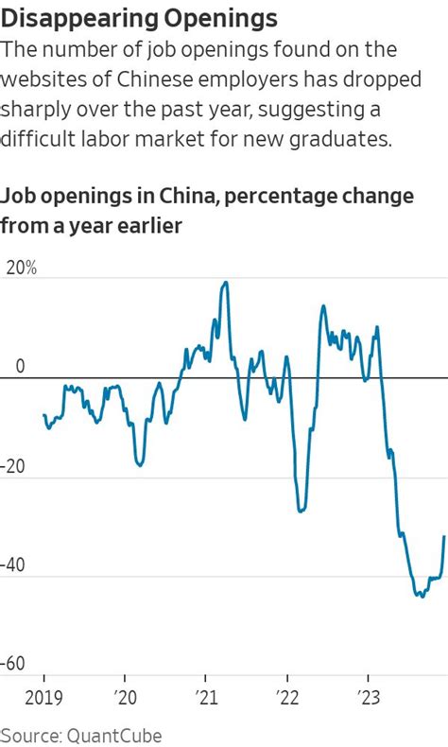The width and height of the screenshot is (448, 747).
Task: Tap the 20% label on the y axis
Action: pos(21,268)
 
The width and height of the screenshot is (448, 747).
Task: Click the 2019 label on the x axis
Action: pos(43,700)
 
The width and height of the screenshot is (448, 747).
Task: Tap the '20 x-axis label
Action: pos(124,700)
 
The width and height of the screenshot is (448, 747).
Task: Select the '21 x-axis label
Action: pos(205,700)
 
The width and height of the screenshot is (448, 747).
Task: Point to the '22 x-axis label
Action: pos(286,700)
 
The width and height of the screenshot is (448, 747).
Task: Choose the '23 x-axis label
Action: pos(367,700)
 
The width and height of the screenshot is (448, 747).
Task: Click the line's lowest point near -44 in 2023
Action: pos(422,597)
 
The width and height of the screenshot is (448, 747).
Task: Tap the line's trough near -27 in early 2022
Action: pos(300,512)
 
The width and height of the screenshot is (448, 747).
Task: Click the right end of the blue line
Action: pos(444,536)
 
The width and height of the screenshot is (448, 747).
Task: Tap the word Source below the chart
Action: pos(26,735)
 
